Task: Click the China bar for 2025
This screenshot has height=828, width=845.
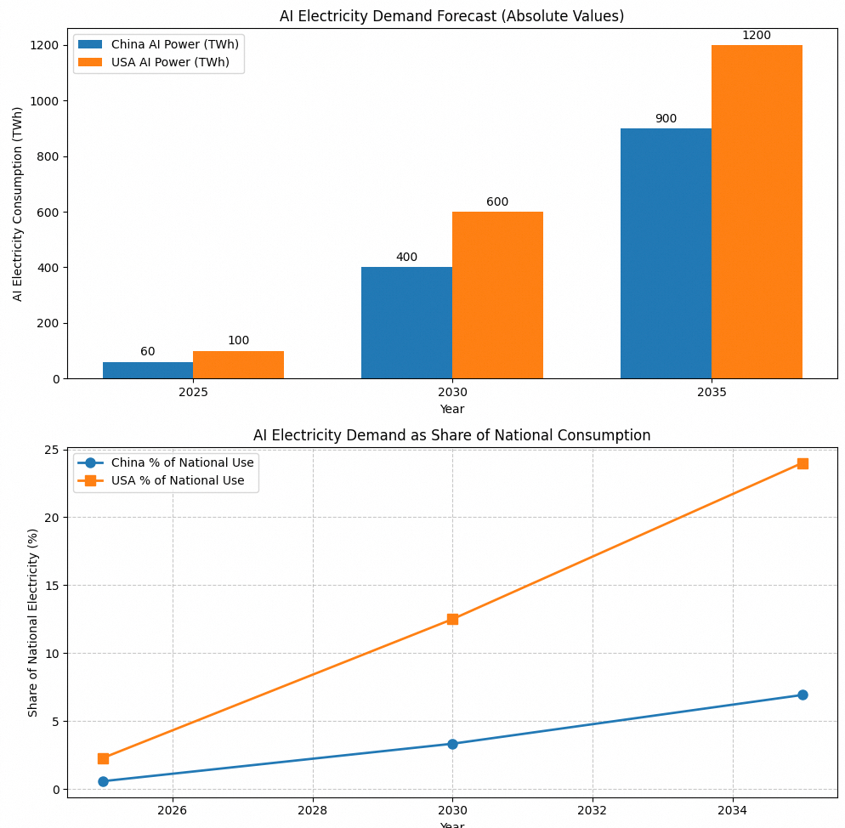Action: [x=148, y=371]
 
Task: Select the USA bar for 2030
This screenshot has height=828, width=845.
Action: [x=497, y=295]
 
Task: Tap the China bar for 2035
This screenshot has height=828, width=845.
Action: [x=666, y=253]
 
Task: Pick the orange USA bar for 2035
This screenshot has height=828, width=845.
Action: [x=757, y=212]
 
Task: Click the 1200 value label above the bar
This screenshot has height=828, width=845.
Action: [x=756, y=36]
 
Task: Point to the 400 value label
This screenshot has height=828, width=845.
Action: [x=406, y=258]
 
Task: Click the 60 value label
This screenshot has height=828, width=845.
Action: [x=148, y=352]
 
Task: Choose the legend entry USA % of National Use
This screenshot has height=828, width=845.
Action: [x=178, y=481]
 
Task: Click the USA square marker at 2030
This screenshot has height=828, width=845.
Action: [x=452, y=619]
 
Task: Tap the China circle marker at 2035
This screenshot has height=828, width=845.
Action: [x=802, y=695]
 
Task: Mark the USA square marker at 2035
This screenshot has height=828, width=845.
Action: [x=802, y=463]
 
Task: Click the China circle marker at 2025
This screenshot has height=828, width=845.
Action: [x=103, y=781]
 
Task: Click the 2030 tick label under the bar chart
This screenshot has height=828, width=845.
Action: [x=452, y=393]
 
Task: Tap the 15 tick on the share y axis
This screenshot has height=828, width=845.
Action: [x=54, y=586]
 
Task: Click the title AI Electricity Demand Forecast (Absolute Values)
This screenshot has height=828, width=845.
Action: [x=451, y=16]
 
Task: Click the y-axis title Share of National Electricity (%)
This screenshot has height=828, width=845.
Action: [x=34, y=622]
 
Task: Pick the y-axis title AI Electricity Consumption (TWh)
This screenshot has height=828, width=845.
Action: [x=18, y=203]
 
